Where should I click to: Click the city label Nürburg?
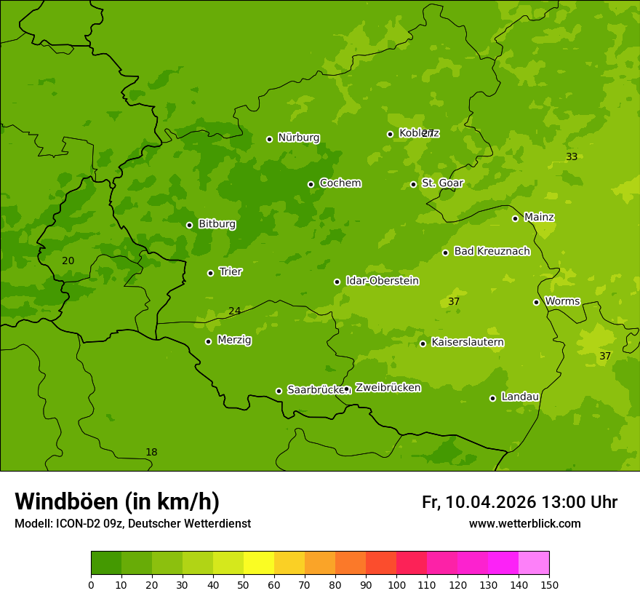pyautogui.click(x=298, y=138)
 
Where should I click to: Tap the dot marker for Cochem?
pyautogui.click(x=311, y=184)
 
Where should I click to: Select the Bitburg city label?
pyautogui.click(x=217, y=224)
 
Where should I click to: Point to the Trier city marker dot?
pyautogui.click(x=210, y=273)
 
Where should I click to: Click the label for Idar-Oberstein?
pyautogui.click(x=382, y=281)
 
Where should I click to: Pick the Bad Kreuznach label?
pyautogui.click(x=492, y=251)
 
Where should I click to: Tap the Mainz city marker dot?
pyautogui.click(x=515, y=218)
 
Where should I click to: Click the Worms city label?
pyautogui.click(x=562, y=301)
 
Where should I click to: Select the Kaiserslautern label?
pyautogui.click(x=468, y=342)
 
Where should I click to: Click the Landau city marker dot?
pyautogui.click(x=492, y=398)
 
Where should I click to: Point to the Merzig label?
pyautogui.click(x=234, y=340)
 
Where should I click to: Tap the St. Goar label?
pyautogui.click(x=442, y=183)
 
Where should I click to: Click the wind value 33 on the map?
pyautogui.click(x=572, y=157)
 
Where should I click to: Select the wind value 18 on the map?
pyautogui.click(x=151, y=453)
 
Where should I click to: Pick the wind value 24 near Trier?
pyautogui.click(x=234, y=311)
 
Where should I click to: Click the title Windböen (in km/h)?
pyautogui.click(x=117, y=501)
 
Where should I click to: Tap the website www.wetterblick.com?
pyautogui.click(x=524, y=523)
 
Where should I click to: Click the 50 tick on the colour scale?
pyautogui.click(x=244, y=584)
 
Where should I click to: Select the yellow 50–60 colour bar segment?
pyautogui.click(x=259, y=563)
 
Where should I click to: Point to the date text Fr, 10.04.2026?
pyautogui.click(x=479, y=502)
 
